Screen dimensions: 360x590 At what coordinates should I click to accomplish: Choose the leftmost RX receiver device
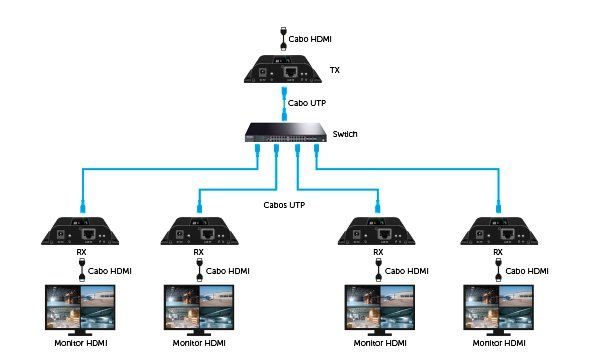(x=81, y=232)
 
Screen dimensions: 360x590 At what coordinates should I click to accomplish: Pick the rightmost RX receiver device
(x=500, y=232)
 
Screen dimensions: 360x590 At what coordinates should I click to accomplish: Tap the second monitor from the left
(x=200, y=309)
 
